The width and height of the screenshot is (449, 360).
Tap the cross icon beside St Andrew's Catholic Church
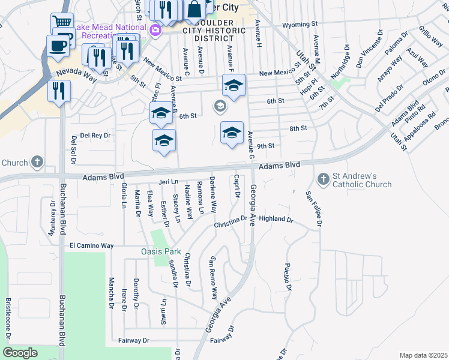pos(323,179)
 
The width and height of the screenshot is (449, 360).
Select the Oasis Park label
pos(160,251)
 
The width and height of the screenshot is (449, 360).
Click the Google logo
pos(20,353)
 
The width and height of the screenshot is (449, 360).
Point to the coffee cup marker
pos(58,46)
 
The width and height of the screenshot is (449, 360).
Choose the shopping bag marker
pos(194,10)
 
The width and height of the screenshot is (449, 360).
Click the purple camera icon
pos(155,29)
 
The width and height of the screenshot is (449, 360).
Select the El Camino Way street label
pos(91,245)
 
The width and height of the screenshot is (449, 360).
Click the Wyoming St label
pos(300,25)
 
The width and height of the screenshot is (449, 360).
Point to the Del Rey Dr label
pos(96,136)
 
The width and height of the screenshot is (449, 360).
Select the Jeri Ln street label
pos(169,181)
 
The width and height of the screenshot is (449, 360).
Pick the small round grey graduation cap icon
pos(220,107)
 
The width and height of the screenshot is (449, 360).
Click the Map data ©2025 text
pos(423,355)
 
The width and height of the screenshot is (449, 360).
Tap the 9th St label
pos(265,146)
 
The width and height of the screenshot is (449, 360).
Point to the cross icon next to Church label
pos(37,162)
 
